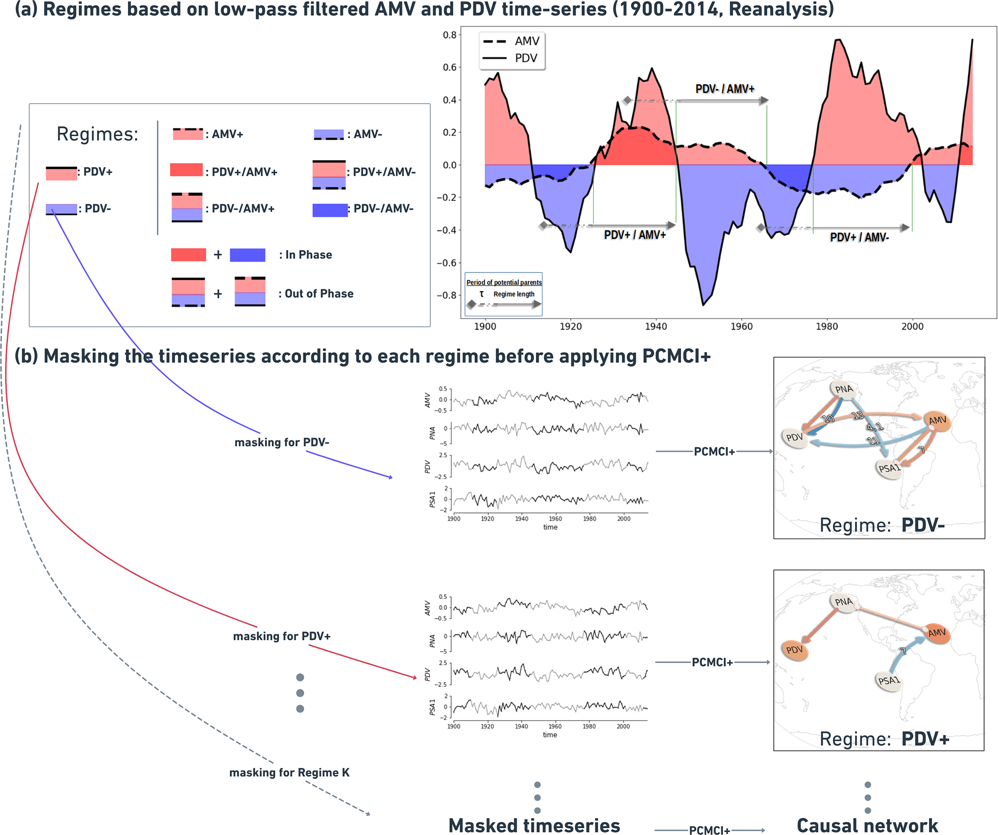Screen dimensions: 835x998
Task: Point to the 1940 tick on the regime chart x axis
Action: [x=656, y=326]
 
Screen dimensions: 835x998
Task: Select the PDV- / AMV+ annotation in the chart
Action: [x=724, y=89]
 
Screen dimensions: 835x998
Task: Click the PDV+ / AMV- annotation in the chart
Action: [x=859, y=237]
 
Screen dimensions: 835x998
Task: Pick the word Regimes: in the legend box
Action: [x=97, y=134]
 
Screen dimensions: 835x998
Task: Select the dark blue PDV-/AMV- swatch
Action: [x=330, y=210]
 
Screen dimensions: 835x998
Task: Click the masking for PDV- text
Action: [x=281, y=442]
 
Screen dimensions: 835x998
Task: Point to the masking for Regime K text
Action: [x=289, y=773]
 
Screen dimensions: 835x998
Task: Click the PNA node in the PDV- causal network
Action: [x=844, y=389]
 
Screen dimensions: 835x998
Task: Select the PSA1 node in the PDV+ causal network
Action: [x=888, y=681]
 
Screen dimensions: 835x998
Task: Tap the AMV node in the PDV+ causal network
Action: [x=937, y=633]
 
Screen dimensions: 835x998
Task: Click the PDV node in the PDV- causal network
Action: [x=794, y=438]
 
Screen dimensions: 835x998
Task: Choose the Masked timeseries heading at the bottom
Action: [x=534, y=825]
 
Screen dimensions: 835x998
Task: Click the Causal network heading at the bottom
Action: [x=867, y=825]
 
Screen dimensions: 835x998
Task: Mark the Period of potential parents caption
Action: [x=504, y=283]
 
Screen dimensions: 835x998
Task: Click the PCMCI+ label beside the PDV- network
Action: [x=714, y=452]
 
